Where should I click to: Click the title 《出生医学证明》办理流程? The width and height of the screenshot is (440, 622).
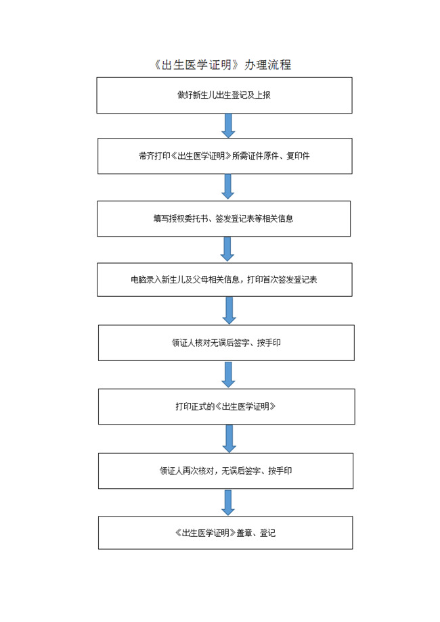(x=223, y=65)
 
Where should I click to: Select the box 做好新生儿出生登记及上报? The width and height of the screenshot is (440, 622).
(x=224, y=95)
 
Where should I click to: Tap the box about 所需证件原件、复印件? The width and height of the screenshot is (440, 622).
(x=225, y=156)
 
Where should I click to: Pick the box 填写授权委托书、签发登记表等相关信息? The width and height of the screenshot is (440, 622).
(x=224, y=218)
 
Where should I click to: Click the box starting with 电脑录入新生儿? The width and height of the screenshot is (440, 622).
(x=225, y=280)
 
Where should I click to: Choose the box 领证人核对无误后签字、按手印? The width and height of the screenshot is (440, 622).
(x=226, y=343)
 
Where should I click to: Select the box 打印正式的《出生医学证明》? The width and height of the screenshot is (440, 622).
(x=227, y=406)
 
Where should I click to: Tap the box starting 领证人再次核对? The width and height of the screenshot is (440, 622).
(x=225, y=471)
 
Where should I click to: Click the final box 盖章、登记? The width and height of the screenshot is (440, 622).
(x=225, y=533)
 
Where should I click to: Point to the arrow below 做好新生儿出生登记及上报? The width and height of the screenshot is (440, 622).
(x=228, y=126)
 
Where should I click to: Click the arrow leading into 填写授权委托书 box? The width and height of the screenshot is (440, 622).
(x=227, y=187)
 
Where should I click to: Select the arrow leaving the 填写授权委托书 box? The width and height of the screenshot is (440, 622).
(x=227, y=249)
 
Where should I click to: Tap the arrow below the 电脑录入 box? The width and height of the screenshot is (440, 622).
(x=229, y=310)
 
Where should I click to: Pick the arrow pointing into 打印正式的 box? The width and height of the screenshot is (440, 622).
(x=228, y=375)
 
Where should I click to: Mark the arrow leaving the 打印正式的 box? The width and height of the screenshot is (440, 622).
(x=229, y=439)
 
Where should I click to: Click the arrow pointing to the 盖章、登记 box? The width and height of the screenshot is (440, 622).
(x=228, y=502)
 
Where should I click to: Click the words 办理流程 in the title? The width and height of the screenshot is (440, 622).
(x=268, y=65)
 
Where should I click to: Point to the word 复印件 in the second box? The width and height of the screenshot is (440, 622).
(x=298, y=156)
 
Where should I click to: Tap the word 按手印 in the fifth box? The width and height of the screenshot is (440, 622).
(x=269, y=343)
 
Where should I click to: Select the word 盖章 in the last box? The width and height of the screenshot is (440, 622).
(x=244, y=533)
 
